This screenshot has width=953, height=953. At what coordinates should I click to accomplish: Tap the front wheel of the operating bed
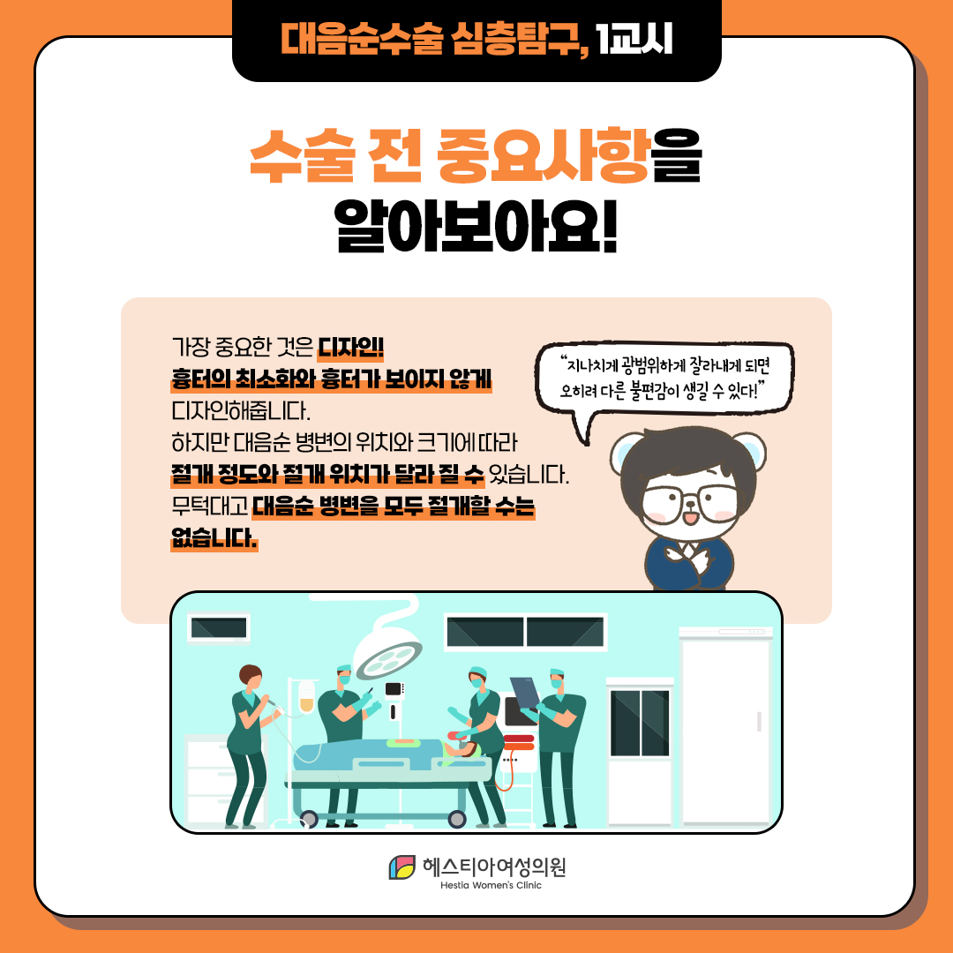456,818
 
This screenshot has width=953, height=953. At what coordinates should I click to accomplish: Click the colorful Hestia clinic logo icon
402,867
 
